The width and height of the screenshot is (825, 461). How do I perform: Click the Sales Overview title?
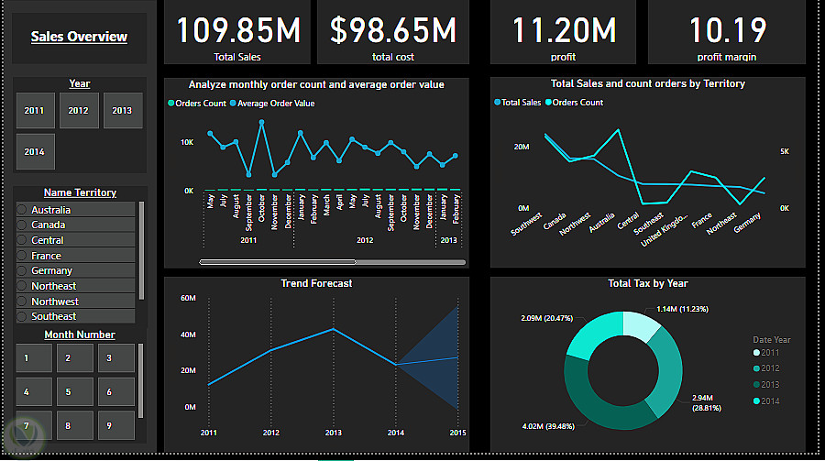(x=79, y=38)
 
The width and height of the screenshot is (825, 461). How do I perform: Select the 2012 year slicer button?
(x=79, y=111)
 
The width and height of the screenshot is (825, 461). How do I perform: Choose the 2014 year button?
(x=35, y=152)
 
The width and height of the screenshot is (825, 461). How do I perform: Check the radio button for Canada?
(x=22, y=225)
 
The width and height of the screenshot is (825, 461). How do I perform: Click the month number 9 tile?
(x=108, y=426)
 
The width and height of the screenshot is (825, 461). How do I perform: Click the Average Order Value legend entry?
(x=275, y=104)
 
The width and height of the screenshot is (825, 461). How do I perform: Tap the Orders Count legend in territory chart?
(x=577, y=103)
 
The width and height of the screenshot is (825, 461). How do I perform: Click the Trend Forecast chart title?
(x=316, y=283)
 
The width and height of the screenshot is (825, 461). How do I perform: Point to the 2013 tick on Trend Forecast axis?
(x=333, y=433)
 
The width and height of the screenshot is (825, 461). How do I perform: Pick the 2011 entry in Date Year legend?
(x=768, y=353)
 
